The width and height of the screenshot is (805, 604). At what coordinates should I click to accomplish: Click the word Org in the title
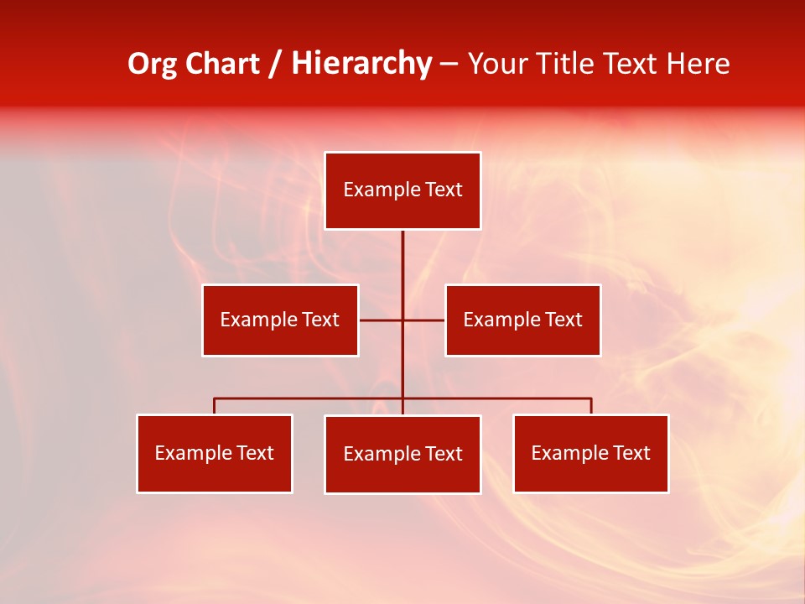click(x=153, y=64)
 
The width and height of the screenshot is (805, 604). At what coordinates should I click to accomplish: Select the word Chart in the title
click(x=219, y=64)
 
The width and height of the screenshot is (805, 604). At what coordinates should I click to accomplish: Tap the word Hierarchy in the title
click(x=361, y=64)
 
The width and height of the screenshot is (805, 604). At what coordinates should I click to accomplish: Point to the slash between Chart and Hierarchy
click(x=275, y=64)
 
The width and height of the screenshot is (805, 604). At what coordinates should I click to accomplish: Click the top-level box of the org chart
click(x=402, y=190)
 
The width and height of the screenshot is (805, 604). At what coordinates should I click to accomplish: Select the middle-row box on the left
click(x=280, y=320)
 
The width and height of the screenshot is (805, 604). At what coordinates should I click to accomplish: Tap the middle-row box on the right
click(x=522, y=320)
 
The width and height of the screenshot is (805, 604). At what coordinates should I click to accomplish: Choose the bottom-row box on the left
click(x=215, y=453)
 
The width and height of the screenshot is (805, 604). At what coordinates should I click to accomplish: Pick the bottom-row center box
click(x=402, y=454)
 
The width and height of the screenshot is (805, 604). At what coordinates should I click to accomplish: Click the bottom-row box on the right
click(x=590, y=453)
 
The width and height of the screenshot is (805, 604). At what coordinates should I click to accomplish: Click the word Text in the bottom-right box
click(x=631, y=453)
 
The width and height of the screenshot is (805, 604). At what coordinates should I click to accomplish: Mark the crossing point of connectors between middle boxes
click(x=402, y=320)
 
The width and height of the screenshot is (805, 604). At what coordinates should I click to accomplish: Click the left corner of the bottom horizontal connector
click(x=215, y=398)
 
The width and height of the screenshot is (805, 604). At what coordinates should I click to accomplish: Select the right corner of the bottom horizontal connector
click(x=591, y=398)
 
